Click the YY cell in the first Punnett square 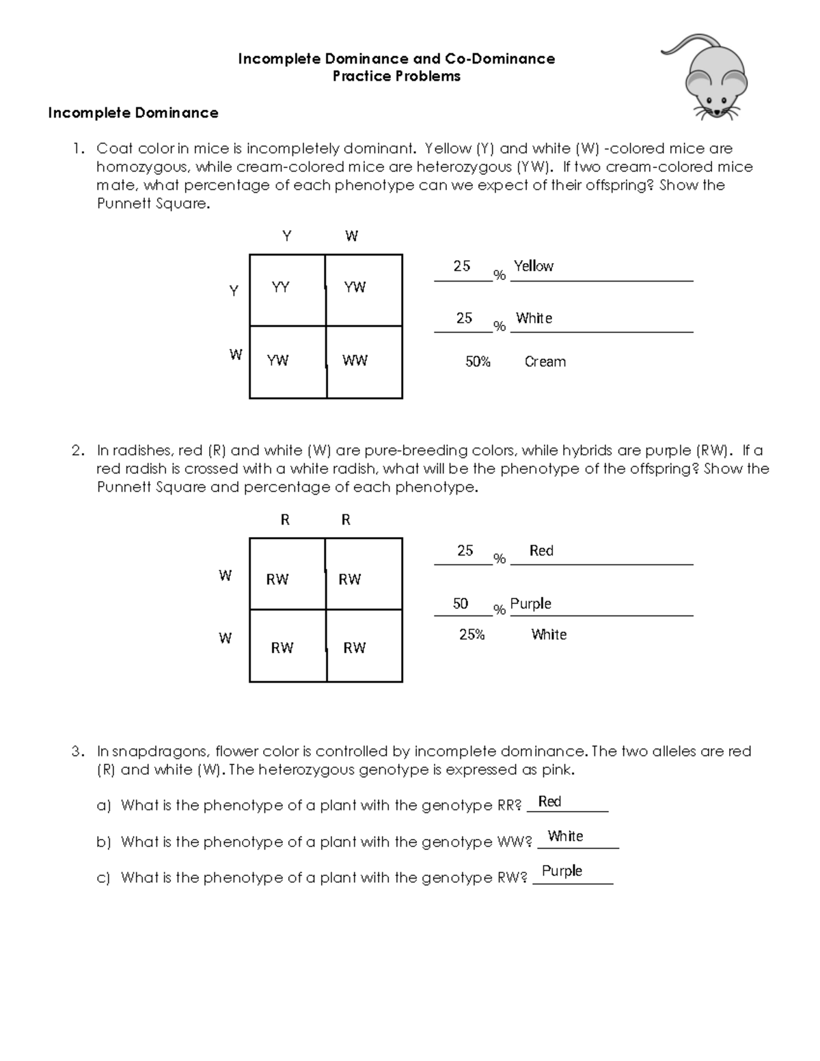[280, 288]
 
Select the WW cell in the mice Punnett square [355, 361]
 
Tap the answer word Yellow [533, 266]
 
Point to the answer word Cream [545, 362]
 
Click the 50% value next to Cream [478, 362]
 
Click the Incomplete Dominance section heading [133, 113]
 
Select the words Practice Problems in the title [396, 77]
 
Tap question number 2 [78, 451]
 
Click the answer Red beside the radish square [541, 551]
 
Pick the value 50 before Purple [461, 604]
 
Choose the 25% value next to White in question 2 [471, 635]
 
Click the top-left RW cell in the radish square [277, 579]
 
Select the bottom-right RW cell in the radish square [354, 648]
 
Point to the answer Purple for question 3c [562, 871]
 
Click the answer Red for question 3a [549, 802]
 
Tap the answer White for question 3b [565, 837]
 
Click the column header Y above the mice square [287, 236]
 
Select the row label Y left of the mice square [234, 291]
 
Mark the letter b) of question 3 [103, 842]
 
